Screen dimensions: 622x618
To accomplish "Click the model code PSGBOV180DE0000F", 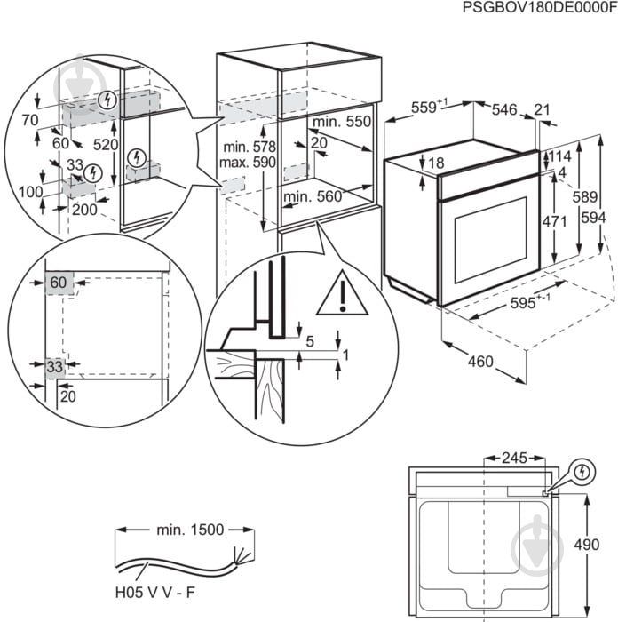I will point(538,8).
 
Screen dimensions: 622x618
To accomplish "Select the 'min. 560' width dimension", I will point(313,196).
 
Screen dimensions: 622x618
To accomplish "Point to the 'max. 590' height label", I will point(250,162).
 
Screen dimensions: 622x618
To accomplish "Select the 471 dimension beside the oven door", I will point(555,221).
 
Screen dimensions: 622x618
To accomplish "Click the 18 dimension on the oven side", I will point(435,163).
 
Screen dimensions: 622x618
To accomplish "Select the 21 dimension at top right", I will point(543,109).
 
